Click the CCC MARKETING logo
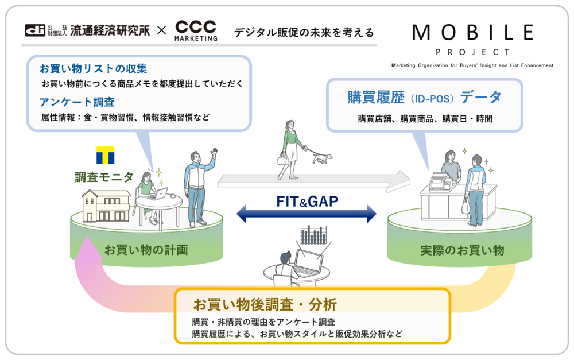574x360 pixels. (196, 30)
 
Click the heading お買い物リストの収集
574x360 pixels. (94, 69)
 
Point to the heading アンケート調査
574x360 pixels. (77, 102)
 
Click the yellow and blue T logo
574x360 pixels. (105, 156)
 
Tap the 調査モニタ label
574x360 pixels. (104, 177)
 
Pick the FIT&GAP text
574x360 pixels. (307, 202)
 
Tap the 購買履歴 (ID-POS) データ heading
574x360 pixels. (424, 97)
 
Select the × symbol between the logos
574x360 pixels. (162, 30)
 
